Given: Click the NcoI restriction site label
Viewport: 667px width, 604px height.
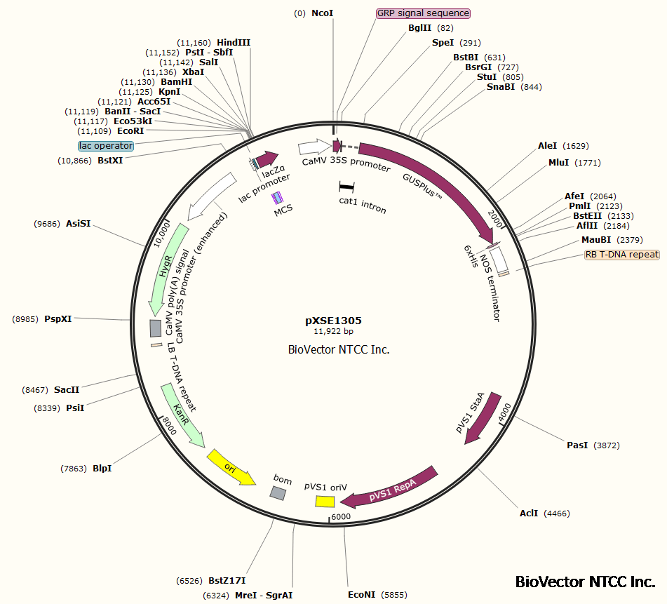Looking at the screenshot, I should click(323, 13).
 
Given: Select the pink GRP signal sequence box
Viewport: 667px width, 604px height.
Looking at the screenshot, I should click(423, 13).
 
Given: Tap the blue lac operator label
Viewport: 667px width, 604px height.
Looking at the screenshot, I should click(106, 146).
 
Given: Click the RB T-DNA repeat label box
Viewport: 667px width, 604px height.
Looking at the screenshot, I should click(622, 255).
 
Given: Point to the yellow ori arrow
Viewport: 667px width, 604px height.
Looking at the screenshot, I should click(231, 468).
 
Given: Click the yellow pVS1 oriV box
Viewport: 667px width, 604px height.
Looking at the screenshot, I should click(324, 501).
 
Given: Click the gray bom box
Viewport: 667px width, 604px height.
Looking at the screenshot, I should click(278, 493).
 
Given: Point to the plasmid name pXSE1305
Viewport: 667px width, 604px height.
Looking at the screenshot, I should click(333, 320).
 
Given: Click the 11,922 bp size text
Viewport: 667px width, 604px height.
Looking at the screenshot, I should click(333, 331).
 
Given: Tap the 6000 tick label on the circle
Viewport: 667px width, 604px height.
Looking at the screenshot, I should click(341, 517).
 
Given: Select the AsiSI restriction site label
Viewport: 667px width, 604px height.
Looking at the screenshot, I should click(78, 224).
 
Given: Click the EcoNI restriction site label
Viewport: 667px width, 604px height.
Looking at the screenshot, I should click(362, 595).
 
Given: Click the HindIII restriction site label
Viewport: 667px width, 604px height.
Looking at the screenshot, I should click(234, 42).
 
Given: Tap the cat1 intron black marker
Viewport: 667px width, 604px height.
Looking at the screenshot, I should click(346, 187).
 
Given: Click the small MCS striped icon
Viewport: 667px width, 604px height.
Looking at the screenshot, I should click(278, 198).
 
